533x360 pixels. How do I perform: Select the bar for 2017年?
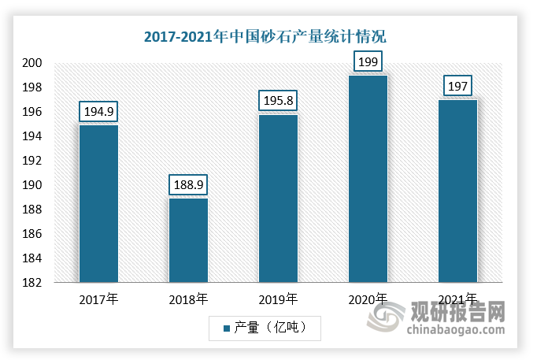point(98,203)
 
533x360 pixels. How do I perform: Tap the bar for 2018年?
point(189,239)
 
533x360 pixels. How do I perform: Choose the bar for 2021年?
point(457,191)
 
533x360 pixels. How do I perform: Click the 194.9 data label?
point(98,112)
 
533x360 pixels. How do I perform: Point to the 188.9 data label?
point(189,185)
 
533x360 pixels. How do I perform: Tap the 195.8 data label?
point(279,101)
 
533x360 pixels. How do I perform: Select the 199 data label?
point(368,61)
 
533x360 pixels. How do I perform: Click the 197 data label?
point(457,86)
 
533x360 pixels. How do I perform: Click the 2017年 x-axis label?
point(98,300)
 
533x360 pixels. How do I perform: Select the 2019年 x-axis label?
point(279,300)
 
